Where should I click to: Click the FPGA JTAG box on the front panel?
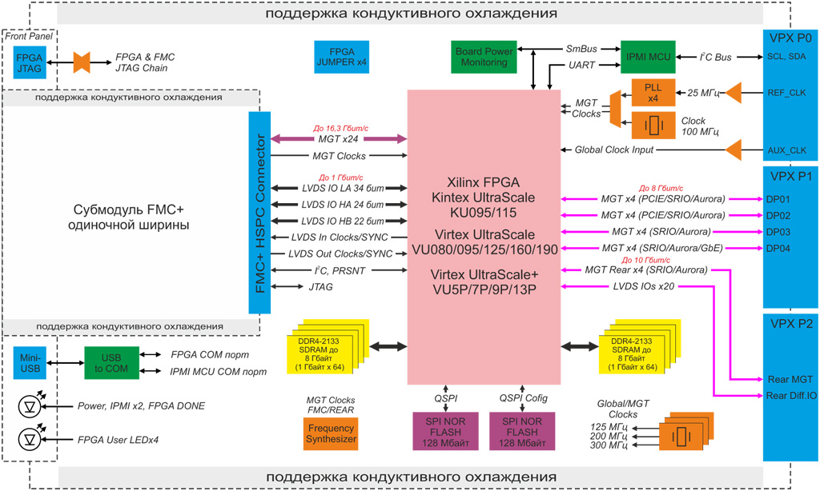(30, 62)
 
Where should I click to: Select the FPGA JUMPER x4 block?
(342, 57)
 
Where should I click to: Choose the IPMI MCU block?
(648, 57)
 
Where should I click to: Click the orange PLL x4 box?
(653, 93)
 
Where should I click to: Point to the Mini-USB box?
(30, 362)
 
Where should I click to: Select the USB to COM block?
(111, 362)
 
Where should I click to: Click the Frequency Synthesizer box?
(332, 433)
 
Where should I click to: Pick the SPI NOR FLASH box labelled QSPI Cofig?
(522, 433)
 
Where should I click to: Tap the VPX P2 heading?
(790, 324)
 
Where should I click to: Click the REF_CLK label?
(786, 93)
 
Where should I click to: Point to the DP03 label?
(778, 232)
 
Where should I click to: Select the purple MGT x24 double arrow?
(339, 140)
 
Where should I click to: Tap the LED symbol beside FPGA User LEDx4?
(30, 439)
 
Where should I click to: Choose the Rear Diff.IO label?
(791, 395)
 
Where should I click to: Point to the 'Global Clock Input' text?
(613, 150)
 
